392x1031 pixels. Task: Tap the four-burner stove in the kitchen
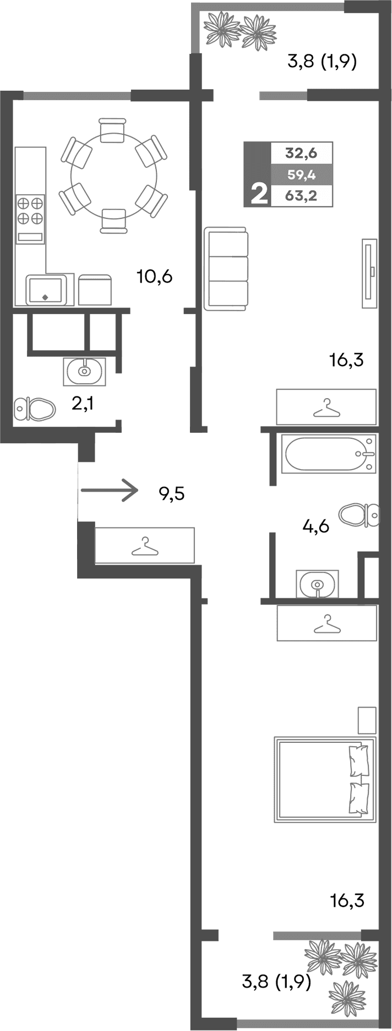point(30,211)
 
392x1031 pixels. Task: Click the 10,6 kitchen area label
point(155,277)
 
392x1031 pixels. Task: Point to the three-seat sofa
point(226,269)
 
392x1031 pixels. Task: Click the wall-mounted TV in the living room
point(369,273)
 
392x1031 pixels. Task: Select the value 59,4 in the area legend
point(301,175)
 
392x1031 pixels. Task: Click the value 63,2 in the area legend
point(301,196)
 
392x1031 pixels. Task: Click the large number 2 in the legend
point(258,194)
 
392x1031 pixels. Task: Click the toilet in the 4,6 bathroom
point(358,515)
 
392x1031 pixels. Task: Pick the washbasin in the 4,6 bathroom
point(317,584)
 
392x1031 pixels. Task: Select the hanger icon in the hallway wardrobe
point(144,545)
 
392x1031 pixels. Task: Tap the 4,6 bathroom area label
point(315,527)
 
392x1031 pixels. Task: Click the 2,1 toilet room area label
point(83,405)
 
